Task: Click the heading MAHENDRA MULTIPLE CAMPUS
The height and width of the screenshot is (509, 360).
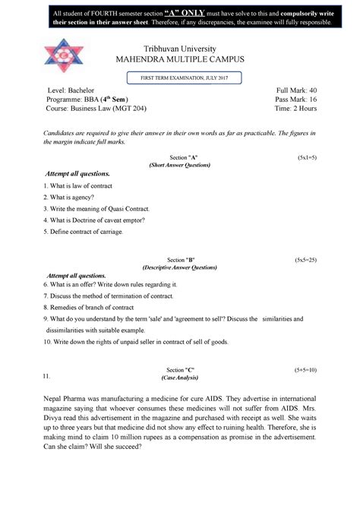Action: pyautogui.click(x=180, y=61)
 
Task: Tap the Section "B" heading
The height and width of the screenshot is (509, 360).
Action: pyautogui.click(x=180, y=259)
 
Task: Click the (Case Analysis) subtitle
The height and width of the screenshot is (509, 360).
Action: pyautogui.click(x=179, y=378)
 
